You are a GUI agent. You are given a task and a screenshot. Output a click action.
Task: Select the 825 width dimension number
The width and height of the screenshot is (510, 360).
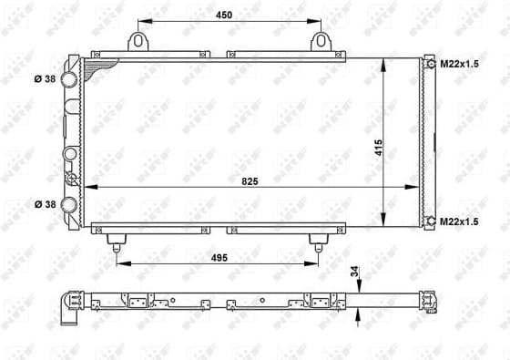pyautogui.click(x=250, y=180)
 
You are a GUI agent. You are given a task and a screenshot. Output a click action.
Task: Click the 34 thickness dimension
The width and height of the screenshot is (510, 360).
pyautogui.click(x=353, y=271)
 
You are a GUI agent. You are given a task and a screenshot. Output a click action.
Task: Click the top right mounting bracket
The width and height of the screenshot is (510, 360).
pyautogui.click(x=320, y=41)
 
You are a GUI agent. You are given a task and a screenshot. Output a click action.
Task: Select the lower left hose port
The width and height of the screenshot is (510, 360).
pyautogui.click(x=70, y=204)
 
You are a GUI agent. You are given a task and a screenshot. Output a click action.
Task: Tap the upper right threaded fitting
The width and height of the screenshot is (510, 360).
pyautogui.click(x=430, y=64)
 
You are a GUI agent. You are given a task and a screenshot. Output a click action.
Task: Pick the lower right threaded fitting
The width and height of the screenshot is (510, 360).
pyautogui.click(x=430, y=220)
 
